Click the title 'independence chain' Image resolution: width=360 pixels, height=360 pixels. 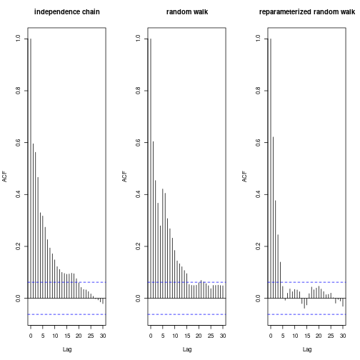[67, 12]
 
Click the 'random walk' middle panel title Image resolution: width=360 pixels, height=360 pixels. [187, 12]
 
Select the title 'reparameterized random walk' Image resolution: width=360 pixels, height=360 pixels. [307, 12]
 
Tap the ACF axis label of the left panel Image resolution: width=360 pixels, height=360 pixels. [5, 176]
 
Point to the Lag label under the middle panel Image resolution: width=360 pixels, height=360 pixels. [187, 349]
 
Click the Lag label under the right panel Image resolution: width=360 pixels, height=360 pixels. [307, 349]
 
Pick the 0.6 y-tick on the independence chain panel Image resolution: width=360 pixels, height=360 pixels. [16, 142]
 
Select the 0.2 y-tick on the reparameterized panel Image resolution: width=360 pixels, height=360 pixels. [256, 246]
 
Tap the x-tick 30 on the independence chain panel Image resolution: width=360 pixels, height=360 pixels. [103, 335]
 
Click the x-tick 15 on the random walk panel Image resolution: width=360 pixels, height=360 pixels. [186, 335]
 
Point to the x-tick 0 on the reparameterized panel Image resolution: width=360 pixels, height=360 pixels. [271, 335]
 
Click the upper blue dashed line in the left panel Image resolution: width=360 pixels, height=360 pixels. [67, 282]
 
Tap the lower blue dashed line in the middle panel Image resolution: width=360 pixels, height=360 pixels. [187, 314]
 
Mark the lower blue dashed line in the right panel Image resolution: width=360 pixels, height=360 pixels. [307, 314]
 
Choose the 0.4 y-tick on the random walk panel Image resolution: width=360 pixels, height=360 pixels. [136, 194]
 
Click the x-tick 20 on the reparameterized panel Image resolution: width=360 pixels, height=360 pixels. [319, 335]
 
